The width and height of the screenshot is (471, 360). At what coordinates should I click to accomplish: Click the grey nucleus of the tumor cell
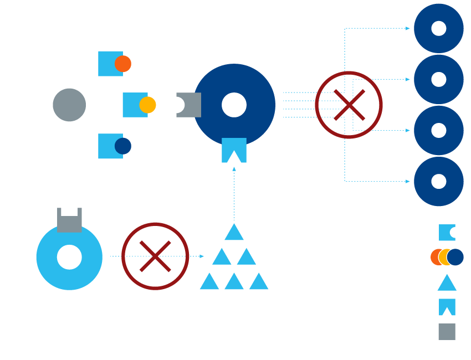pos(69,104)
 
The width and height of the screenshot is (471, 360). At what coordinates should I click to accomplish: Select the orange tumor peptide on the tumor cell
pos(123,64)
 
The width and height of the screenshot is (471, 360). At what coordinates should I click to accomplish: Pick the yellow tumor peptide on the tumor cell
pos(147,105)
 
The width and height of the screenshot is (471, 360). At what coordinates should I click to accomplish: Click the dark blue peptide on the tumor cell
pos(122,146)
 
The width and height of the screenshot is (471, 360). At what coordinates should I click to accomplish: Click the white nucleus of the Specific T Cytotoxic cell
pos(234,105)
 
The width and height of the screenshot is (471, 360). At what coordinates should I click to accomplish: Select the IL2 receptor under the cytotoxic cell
pos(234,150)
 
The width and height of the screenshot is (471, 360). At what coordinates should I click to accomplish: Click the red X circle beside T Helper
pos(153,256)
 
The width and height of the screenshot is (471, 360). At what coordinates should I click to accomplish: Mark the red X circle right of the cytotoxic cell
pos(347,105)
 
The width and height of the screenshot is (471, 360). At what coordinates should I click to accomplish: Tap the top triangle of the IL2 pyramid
pos(234,232)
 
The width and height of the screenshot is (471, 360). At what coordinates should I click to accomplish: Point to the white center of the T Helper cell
pos(69,258)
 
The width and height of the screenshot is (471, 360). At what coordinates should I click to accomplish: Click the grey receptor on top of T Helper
pos(70,220)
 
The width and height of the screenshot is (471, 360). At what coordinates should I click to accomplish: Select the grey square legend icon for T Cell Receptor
pos(447,332)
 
